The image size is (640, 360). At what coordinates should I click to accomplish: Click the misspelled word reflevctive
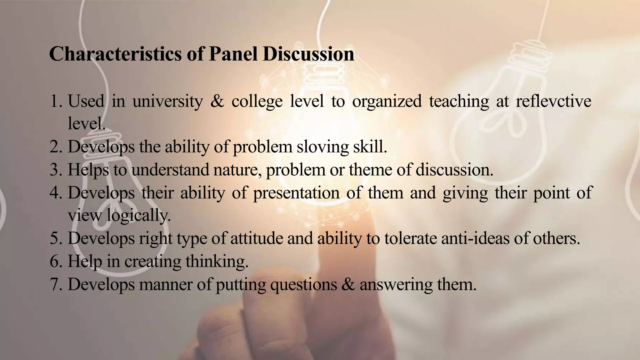coord(553,102)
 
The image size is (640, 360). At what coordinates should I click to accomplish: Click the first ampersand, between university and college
coord(217,102)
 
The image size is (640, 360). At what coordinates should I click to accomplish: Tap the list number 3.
coord(56,170)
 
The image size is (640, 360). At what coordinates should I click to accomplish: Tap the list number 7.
coord(56,285)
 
